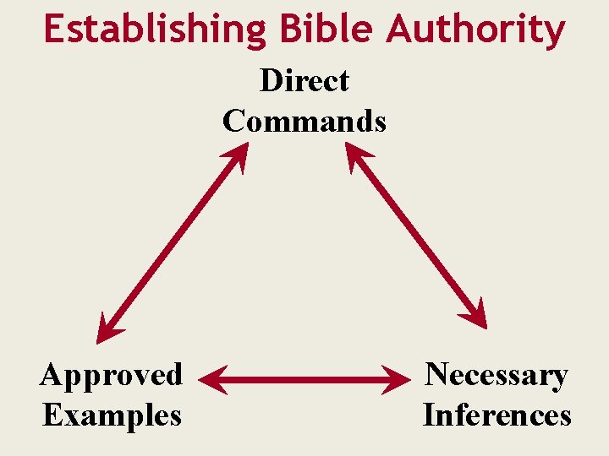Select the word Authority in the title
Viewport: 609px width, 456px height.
(x=476, y=30)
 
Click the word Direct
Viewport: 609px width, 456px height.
(x=304, y=81)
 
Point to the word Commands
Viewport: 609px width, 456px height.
(x=304, y=121)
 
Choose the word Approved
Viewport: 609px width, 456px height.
(x=111, y=374)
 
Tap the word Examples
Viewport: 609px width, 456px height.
(x=111, y=415)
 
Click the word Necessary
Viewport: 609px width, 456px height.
(x=497, y=374)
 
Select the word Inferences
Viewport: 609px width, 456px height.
(x=497, y=415)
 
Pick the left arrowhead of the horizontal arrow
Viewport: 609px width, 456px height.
(x=213, y=380)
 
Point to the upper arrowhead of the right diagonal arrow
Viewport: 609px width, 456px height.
(x=358, y=156)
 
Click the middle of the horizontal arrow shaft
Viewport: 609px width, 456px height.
(x=304, y=380)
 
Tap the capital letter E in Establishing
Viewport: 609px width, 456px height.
(x=53, y=30)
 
